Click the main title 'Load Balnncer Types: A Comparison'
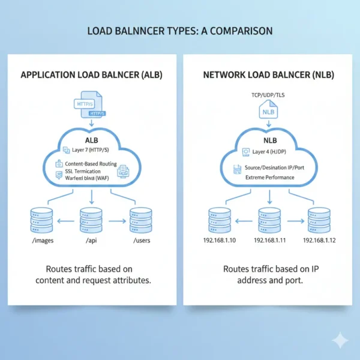pos(180,30)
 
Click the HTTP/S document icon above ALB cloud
pos(88,103)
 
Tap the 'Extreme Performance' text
pos(269,178)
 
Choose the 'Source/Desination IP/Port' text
pos(274,169)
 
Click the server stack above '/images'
pos(40,220)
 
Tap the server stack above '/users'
pos(140,220)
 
